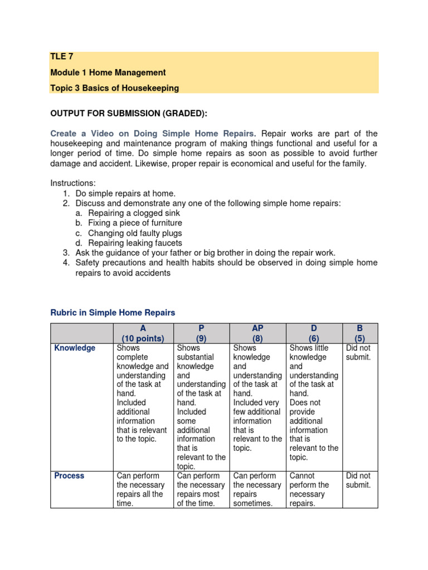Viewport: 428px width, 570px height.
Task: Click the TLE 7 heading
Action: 62,57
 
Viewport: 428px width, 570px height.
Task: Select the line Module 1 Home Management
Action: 108,72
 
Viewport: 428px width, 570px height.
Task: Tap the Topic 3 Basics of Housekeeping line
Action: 114,88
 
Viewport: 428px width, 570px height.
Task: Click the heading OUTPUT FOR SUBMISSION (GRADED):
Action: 129,114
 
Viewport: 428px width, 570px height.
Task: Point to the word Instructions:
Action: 73,183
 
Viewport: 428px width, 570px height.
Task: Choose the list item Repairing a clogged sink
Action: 134,213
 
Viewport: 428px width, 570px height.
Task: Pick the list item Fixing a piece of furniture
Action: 135,223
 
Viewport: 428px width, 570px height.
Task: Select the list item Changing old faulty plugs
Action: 135,233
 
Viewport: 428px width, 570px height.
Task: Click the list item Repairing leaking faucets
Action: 135,243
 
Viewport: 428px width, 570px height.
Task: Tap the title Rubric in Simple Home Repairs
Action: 113,313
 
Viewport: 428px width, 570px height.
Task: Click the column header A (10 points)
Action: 143,333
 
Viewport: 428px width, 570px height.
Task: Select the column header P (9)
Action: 201,333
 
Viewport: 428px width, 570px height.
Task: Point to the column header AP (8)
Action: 257,333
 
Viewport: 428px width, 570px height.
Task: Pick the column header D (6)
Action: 314,333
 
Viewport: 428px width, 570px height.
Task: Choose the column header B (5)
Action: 359,333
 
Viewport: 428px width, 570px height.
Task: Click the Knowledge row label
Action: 75,348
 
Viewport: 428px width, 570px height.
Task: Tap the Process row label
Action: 69,476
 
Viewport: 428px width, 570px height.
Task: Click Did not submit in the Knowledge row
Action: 358,353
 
